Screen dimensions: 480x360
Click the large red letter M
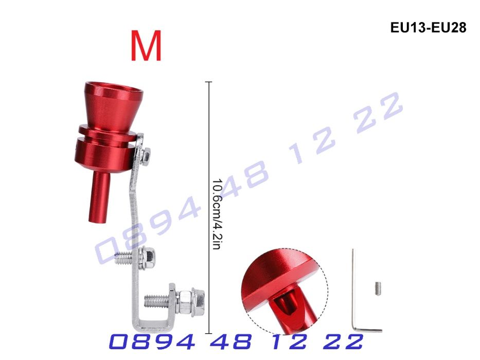click(146, 46)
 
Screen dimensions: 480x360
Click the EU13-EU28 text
click(428, 28)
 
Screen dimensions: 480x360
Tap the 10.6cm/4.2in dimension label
click(216, 214)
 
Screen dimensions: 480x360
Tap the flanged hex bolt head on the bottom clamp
click(198, 302)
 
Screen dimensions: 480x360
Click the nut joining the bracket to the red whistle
click(146, 155)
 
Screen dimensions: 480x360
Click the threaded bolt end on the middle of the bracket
click(124, 258)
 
